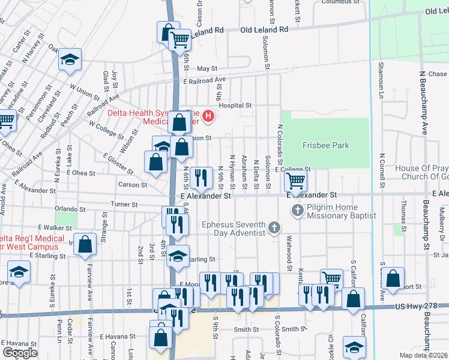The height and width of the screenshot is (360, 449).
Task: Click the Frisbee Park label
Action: point(325,145)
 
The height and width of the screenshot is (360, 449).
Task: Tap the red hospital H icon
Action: point(208,116)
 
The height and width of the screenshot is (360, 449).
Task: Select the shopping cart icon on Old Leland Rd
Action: point(180,40)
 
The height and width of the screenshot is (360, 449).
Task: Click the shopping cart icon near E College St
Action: point(295,179)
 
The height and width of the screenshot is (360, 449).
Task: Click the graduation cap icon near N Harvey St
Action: point(70,59)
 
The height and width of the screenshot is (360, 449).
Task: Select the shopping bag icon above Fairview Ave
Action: point(86,244)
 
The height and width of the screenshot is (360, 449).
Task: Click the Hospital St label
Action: point(235,105)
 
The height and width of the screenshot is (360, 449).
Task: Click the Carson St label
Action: point(133,185)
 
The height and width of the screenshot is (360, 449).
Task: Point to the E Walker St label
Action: point(55,228)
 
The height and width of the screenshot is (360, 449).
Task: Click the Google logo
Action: point(20,353)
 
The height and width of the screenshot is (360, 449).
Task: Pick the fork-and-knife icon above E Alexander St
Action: point(200,176)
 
